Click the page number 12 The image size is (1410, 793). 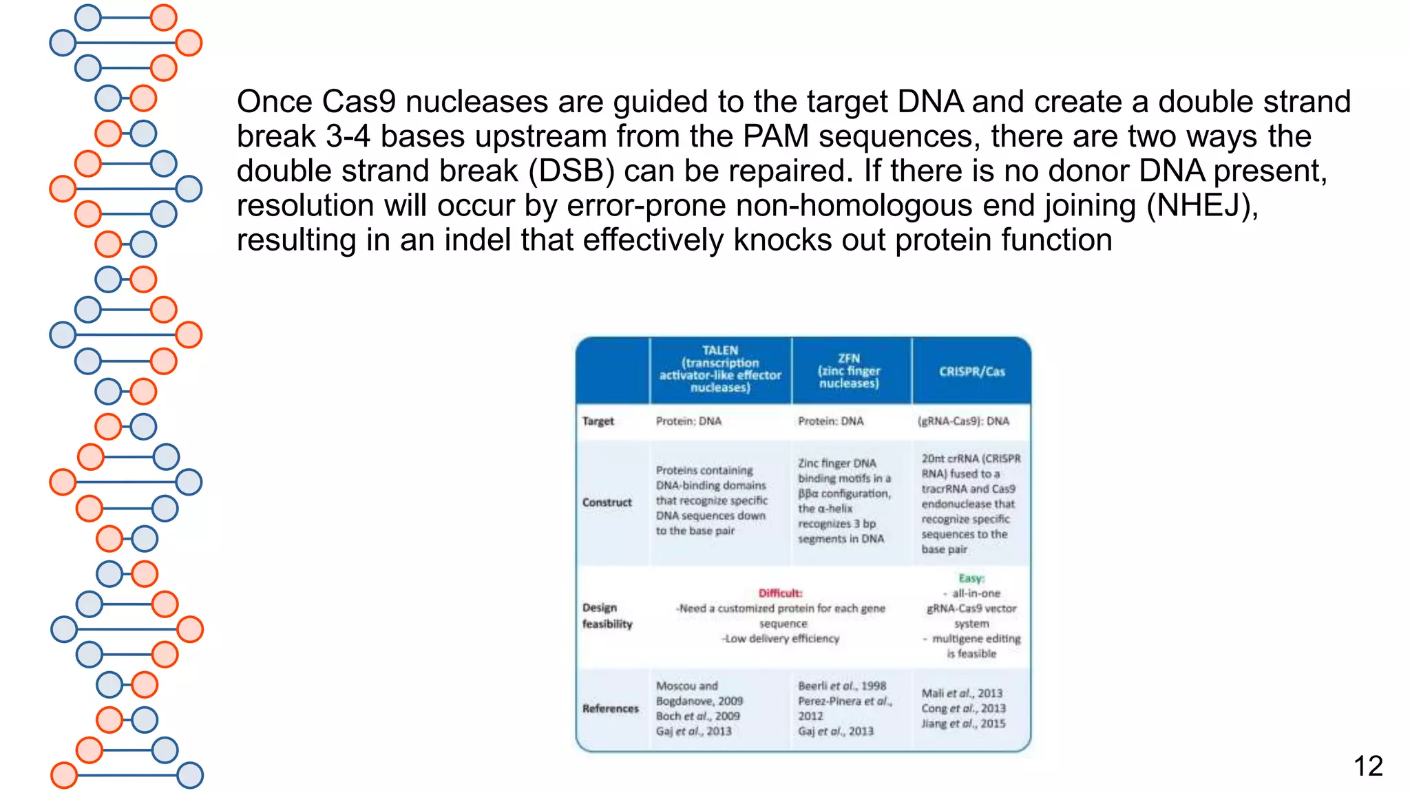pos(1367,766)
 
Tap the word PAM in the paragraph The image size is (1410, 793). pos(775,136)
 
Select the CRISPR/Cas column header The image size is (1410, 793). pos(971,372)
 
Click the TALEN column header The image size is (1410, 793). pos(720,369)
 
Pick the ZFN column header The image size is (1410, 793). pos(849,370)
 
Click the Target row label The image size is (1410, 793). pos(598,421)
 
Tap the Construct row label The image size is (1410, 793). pos(607,503)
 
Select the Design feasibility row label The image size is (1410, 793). pos(607,615)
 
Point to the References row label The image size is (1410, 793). pos(610,708)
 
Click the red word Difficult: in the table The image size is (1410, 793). pos(780,593)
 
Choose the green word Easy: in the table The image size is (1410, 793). pos(971,578)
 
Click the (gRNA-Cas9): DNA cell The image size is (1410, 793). pos(963,421)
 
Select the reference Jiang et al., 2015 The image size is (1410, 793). pos(963,723)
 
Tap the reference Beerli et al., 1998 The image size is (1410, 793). pos(842,686)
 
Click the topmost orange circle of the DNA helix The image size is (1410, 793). pos(163,17)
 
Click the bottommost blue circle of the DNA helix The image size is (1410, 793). pos(189,775)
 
